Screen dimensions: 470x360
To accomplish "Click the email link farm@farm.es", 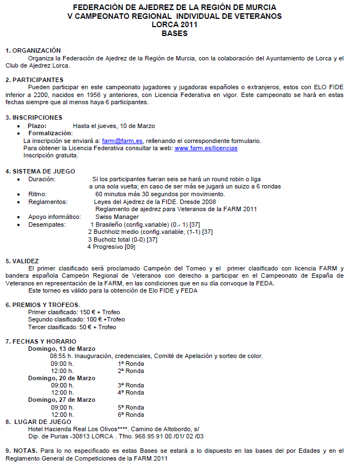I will point(122,141).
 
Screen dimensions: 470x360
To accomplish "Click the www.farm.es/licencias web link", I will point(206,148).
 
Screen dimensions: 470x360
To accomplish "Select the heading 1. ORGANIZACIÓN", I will point(33,50).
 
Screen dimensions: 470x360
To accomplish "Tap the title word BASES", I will point(174,33).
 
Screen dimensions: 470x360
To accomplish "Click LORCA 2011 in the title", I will point(174,25).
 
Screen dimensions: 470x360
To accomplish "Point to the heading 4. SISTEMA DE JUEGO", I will point(40,171).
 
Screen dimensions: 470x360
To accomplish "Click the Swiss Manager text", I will point(117,217).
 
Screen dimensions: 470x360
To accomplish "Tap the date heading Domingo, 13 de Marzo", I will point(61,349).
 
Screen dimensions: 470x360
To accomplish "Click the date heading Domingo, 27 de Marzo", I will point(61,400).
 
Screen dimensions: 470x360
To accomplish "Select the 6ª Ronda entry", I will point(131,415).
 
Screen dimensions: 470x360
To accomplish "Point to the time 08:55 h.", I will point(61,356).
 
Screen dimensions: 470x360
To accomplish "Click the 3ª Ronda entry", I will point(131,385).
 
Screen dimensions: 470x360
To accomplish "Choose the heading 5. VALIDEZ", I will point(22,260).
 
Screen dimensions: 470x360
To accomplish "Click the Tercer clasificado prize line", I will point(72,327).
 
